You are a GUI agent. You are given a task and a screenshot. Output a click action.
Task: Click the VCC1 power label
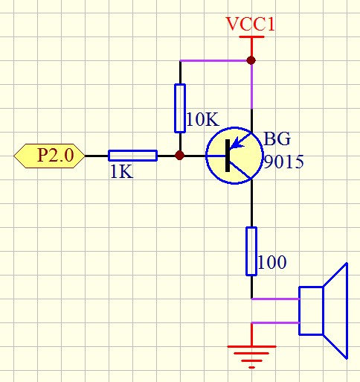coord(251,24)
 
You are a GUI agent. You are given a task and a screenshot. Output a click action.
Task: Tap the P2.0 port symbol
coord(49,156)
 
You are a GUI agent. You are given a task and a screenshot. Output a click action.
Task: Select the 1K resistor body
coord(132,156)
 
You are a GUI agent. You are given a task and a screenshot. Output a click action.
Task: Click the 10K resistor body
coord(180,108)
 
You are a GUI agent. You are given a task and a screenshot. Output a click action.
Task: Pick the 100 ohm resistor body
coord(251,251)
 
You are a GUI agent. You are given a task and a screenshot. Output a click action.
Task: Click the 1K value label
coord(121,172)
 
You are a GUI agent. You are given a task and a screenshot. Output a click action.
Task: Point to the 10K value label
coord(202,119)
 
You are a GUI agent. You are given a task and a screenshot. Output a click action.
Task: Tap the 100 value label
coord(272,262)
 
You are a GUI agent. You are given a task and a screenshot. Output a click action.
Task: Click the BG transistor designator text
coord(277,139)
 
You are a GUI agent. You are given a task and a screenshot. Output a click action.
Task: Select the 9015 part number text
coord(283,162)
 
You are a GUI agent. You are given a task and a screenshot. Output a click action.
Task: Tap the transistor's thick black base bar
coord(228,156)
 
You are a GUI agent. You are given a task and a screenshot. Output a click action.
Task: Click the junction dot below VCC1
coord(251,60)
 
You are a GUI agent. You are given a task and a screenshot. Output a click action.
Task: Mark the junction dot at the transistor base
coord(180,156)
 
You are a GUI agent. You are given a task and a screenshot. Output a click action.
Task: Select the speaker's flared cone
coord(335,311)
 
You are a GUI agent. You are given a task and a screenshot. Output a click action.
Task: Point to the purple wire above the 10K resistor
coord(216,60)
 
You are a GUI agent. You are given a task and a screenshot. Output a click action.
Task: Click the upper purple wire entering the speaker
coord(275,299)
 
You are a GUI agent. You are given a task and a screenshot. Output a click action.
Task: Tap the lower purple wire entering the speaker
coord(275,322)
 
